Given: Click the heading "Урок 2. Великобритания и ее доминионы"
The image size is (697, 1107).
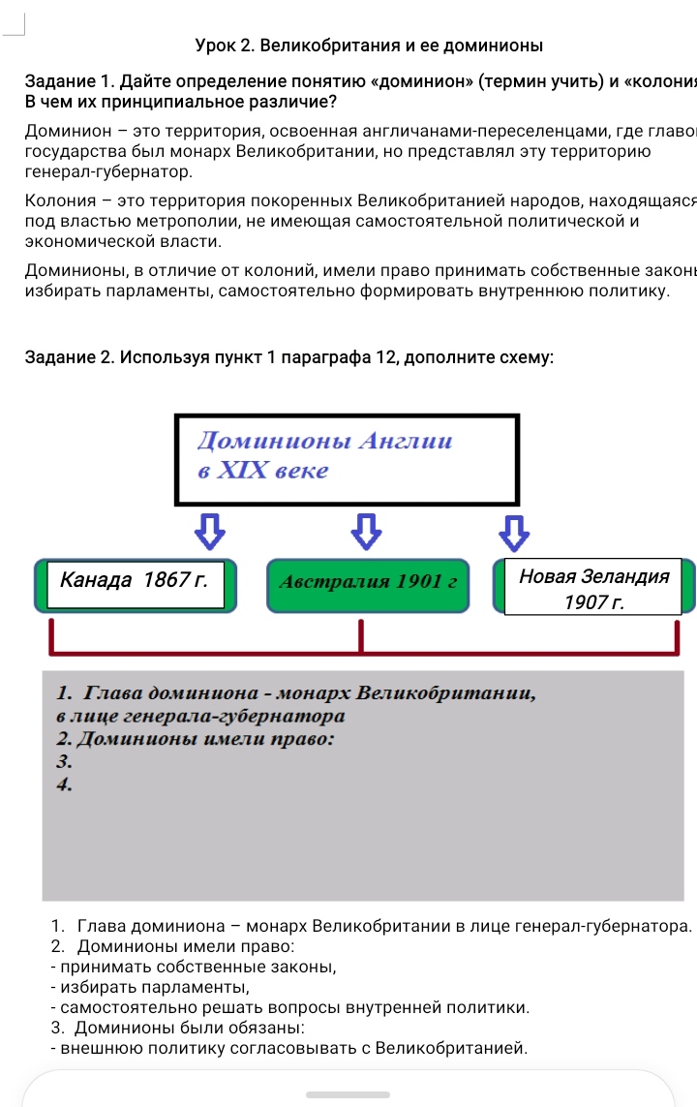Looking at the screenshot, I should pos(369,46).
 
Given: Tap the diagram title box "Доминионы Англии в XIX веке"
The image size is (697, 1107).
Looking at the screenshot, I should pos(347,459).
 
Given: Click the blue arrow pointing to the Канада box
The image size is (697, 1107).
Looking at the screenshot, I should pos(210,529).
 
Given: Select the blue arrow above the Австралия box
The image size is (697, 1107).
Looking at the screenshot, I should pos(363,529).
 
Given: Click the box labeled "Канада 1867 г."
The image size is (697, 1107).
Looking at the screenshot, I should pos(141,583).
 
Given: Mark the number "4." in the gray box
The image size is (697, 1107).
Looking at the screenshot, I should pos(65,785).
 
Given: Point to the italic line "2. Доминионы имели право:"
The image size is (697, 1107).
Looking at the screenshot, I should pos(196,740).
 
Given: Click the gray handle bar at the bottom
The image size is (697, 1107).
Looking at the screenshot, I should pos(348,1094).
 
